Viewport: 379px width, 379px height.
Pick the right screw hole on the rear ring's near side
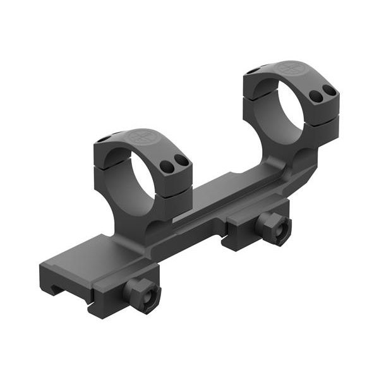(329, 90)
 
